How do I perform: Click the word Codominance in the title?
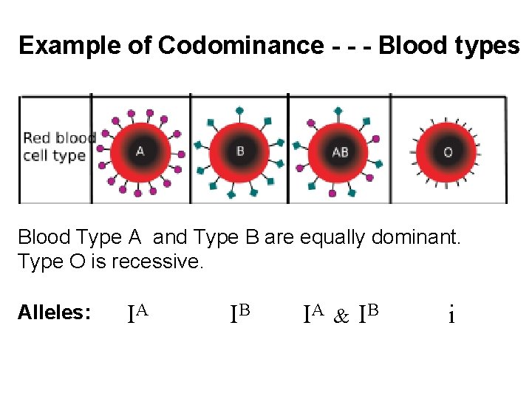coord(239,46)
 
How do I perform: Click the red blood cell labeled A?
coord(140,152)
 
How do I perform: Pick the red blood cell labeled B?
coord(239,152)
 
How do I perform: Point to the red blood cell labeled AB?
coord(339,152)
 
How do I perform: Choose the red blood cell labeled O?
coord(448,152)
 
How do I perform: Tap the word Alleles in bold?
coord(54,313)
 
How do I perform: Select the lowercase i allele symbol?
coord(451,316)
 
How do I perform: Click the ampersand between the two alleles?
coord(341,316)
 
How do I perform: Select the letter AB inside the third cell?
coord(340,152)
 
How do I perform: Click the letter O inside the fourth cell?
coord(448,152)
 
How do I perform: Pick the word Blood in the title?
coord(411,46)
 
